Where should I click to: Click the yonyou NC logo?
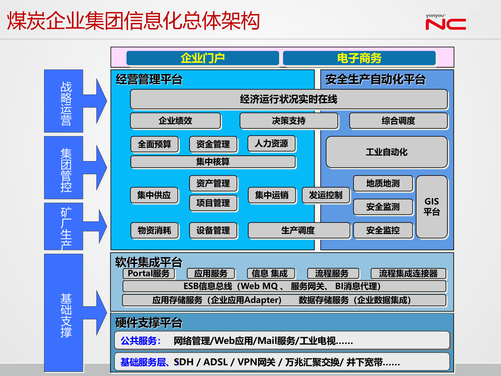(445, 22)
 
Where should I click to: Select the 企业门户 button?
(202, 58)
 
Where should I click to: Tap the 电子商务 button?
(359, 58)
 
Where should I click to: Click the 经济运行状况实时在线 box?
(289, 99)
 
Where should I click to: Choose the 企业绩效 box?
(175, 121)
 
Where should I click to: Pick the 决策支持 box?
(289, 121)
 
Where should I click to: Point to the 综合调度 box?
(398, 121)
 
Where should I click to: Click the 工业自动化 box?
(386, 152)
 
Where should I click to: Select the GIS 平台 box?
(432, 207)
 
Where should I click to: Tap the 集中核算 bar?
(213, 162)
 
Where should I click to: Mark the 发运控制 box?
(326, 195)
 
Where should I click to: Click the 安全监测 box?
(383, 207)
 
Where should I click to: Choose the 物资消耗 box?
(154, 230)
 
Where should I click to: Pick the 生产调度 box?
(298, 230)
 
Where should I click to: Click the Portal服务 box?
(149, 273)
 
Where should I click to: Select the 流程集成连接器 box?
(408, 273)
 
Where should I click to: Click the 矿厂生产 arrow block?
(66, 226)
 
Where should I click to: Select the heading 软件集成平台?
(149, 262)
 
